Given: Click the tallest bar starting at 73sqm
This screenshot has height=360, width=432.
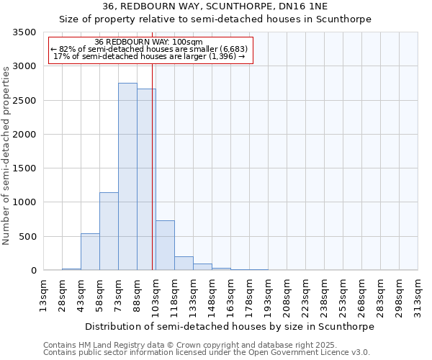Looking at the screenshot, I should (127, 176).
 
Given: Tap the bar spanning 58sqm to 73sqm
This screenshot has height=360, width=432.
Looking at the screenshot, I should (109, 231).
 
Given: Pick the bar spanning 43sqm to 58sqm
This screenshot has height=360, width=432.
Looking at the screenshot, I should (90, 252).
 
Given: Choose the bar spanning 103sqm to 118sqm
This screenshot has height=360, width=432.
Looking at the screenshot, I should (165, 246).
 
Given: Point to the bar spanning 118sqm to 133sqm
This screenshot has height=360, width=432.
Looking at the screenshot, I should (184, 264).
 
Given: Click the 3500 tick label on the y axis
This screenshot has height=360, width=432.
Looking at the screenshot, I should (24, 33).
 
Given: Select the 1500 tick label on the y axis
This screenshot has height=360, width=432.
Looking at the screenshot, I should (24, 168).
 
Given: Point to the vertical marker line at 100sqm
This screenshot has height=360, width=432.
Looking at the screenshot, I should (153, 166).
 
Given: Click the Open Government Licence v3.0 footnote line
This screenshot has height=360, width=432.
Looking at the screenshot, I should (207, 353).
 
